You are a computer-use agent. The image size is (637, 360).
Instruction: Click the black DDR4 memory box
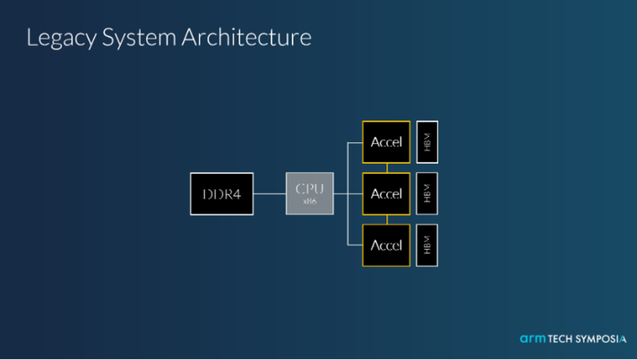[x=221, y=194]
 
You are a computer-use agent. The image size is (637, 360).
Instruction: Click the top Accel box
[x=386, y=142]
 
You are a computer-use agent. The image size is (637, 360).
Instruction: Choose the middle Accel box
[x=386, y=194]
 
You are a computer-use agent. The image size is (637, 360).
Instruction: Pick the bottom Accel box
[x=386, y=245]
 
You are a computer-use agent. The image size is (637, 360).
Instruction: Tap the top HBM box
[x=427, y=142]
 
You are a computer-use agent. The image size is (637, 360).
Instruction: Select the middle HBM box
[x=427, y=194]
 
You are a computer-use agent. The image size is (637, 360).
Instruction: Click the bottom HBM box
[x=427, y=245]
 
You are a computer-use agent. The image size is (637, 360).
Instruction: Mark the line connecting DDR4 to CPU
[x=269, y=194]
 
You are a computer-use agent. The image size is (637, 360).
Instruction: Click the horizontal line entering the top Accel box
[x=355, y=143]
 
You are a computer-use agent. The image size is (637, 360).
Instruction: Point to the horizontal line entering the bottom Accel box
[x=355, y=245]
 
